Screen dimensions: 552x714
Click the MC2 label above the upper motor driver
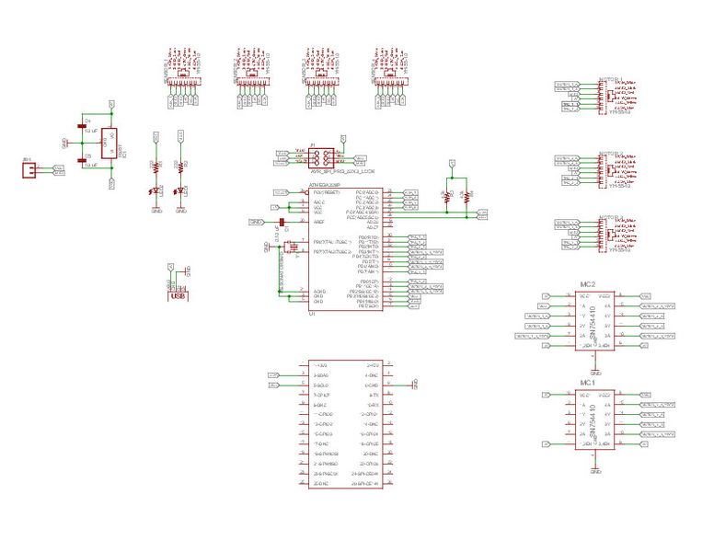(589, 284)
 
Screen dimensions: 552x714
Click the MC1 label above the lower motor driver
(588, 382)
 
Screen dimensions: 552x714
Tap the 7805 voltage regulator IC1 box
(107, 144)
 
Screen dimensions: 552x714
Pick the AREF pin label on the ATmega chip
(319, 222)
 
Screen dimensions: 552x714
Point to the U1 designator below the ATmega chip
(313, 314)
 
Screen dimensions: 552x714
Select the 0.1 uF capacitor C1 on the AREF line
(286, 224)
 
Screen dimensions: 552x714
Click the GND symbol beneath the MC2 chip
(595, 374)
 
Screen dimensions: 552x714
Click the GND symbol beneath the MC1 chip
(595, 471)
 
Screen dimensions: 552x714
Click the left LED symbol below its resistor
(156, 190)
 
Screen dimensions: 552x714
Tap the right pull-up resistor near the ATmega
(467, 196)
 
